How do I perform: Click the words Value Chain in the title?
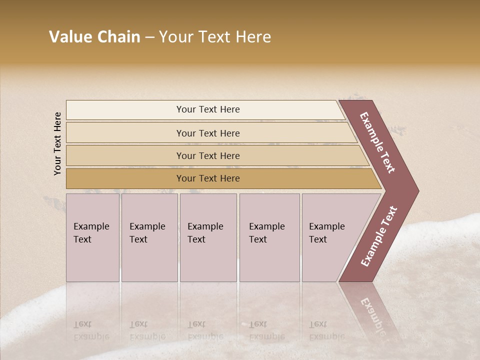94,37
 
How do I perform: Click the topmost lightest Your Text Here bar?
207,109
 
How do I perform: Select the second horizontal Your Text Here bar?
207,133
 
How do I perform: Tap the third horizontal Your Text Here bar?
207,155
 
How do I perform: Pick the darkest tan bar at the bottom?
207,178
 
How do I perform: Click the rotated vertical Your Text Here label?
58,143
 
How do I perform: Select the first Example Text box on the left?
92,237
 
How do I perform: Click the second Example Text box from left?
149,237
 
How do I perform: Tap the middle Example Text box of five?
208,237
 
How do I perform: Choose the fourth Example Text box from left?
269,237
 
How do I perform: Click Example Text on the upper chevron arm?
378,142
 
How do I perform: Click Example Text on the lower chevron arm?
379,236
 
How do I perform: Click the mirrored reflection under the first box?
91,330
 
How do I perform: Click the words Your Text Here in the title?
215,37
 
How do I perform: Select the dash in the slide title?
149,37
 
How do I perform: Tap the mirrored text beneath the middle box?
205,330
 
